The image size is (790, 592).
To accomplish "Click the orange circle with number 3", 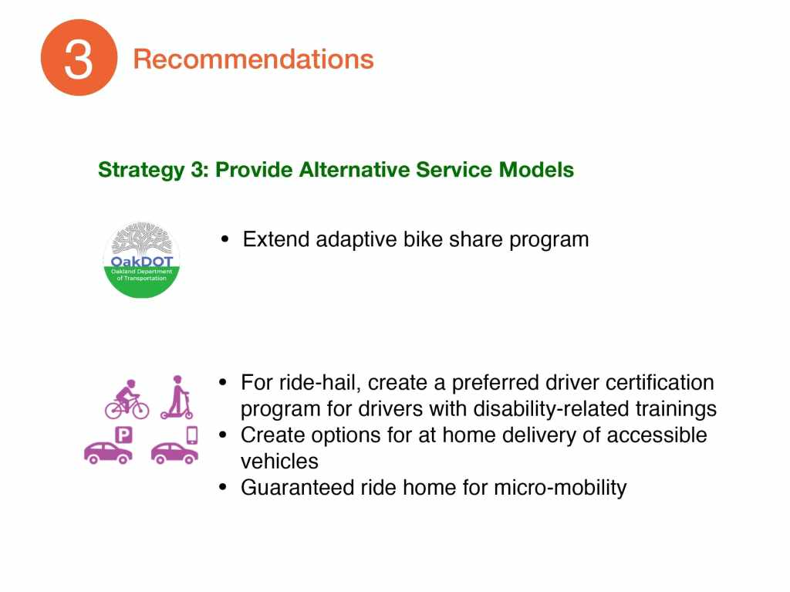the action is (79, 57).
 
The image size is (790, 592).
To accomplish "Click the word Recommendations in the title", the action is (253, 59).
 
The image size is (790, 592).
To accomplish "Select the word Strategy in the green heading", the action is (142, 171).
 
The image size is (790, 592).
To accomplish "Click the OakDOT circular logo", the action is (142, 259).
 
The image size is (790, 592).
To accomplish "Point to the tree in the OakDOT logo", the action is (142, 239).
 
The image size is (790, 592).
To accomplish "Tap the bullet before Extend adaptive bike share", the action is (225, 239).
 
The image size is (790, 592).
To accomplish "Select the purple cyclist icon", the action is (127, 399).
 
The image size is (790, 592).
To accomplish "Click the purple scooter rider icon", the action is (177, 397).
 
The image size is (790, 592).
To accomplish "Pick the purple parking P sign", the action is (124, 435).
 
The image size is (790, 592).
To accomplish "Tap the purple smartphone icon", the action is (192, 435).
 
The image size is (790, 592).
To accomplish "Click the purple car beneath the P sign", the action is (108, 453).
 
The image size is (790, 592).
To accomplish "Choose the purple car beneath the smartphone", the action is (174, 453).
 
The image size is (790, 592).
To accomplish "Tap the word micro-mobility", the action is (560, 488).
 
